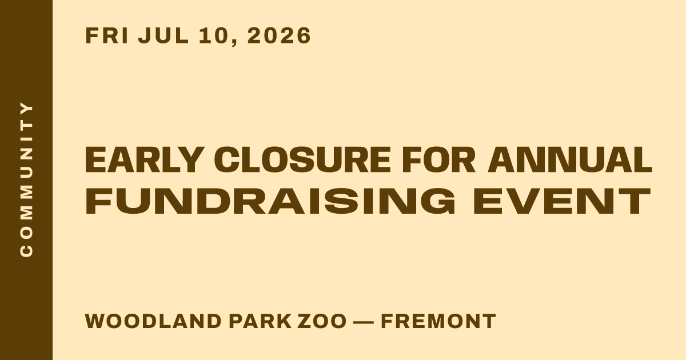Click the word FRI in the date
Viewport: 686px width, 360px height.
click(106, 35)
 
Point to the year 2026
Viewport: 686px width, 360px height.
click(279, 35)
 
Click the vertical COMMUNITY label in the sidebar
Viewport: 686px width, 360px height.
click(26, 179)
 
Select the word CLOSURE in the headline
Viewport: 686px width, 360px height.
click(302, 160)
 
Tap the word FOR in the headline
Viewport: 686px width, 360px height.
click(438, 160)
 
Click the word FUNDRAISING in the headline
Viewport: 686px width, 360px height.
click(270, 201)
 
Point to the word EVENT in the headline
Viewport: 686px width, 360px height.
click(561, 201)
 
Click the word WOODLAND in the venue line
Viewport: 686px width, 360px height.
click(153, 321)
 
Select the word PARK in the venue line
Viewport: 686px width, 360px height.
click(260, 321)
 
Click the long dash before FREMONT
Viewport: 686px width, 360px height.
click(364, 322)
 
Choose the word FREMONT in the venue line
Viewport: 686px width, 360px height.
click(438, 321)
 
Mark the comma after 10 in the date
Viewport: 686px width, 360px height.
click(234, 42)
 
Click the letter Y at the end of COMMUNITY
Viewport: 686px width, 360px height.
click(26, 109)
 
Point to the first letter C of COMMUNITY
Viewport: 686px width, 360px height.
click(26, 250)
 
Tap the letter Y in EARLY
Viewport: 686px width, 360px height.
click(190, 160)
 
